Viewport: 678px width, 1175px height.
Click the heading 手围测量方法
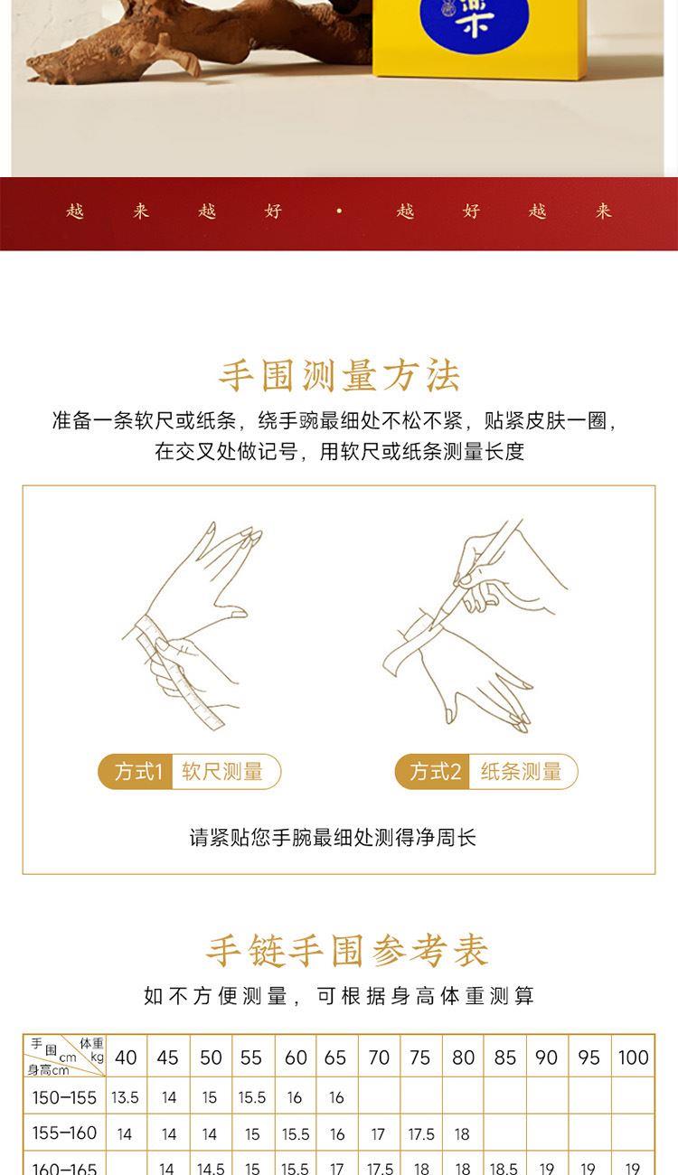(339, 376)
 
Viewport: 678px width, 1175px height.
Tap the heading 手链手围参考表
(346, 951)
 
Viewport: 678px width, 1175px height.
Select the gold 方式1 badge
(136, 771)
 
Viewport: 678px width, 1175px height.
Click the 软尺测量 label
(222, 771)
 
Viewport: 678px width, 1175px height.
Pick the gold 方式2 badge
(432, 771)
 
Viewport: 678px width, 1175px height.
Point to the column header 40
(126, 1057)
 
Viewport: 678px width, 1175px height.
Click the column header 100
(633, 1057)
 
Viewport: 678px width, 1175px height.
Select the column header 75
(419, 1057)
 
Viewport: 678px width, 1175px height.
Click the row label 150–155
(64, 1097)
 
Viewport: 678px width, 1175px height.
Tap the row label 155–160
(64, 1133)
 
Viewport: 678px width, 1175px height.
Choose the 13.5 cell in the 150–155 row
(125, 1097)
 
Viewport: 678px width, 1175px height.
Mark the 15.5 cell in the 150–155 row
(252, 1097)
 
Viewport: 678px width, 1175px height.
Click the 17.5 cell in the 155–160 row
(421, 1134)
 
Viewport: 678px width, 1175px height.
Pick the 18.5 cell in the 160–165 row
(504, 1169)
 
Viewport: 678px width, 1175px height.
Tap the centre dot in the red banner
(340, 211)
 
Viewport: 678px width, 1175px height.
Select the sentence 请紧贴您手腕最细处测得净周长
(333, 837)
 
